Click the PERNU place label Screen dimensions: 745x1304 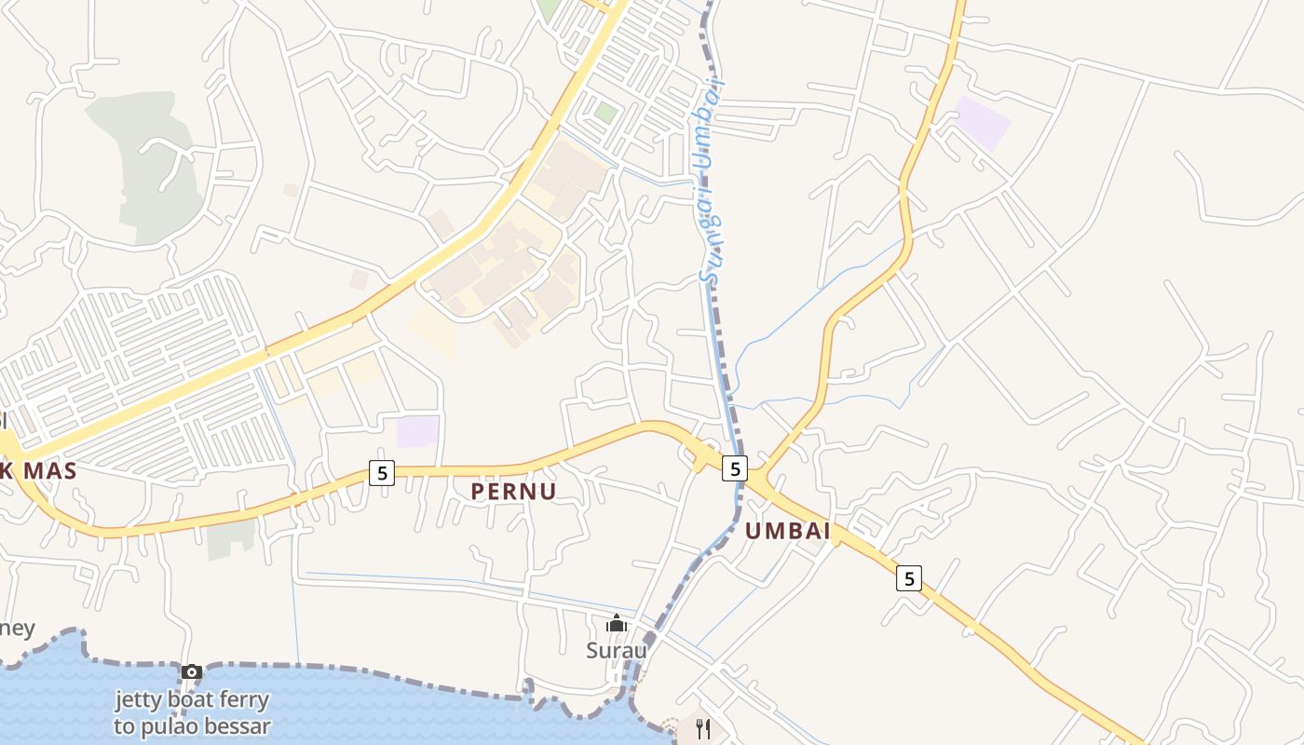click(x=513, y=492)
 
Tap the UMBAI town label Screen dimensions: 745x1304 click(x=788, y=532)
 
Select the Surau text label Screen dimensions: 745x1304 click(x=617, y=650)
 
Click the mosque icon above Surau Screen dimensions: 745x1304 click(x=617, y=623)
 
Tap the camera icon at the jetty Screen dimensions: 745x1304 click(x=192, y=671)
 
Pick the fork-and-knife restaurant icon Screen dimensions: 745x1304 click(x=703, y=728)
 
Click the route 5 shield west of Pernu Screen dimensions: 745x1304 click(x=381, y=473)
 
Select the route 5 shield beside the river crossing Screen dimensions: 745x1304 click(x=736, y=468)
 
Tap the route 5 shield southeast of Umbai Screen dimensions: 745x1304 click(x=909, y=578)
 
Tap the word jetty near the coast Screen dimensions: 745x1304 click(x=140, y=699)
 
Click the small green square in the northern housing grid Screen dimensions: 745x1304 click(x=606, y=113)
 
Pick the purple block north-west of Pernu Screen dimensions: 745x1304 click(x=417, y=431)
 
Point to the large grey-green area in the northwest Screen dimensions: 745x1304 click(x=149, y=168)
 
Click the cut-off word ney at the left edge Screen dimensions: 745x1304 click(x=17, y=629)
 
